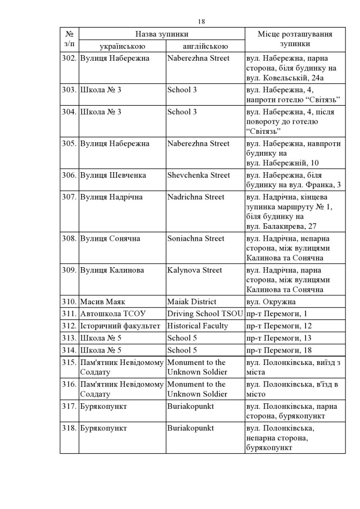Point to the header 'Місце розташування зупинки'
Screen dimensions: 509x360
(x=294, y=40)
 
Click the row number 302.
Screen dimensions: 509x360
(x=69, y=58)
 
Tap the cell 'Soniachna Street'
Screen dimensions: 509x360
(x=196, y=238)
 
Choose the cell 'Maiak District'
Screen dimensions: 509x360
(x=192, y=302)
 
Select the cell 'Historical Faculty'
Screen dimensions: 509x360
(x=197, y=326)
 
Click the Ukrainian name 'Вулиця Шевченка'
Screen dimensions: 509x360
(x=113, y=175)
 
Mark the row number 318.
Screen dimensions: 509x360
(x=69, y=428)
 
